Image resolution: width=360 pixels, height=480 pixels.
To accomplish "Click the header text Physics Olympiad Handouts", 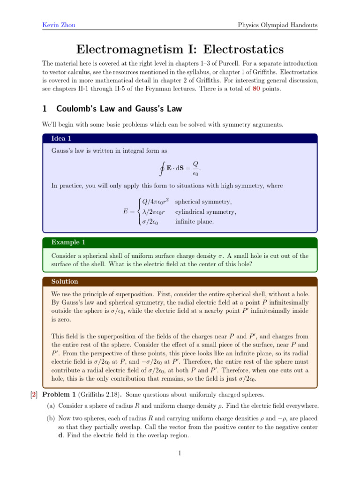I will [277, 24].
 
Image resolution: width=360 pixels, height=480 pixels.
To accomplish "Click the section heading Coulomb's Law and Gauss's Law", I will [119, 109].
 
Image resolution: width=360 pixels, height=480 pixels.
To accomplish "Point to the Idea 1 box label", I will [61, 138].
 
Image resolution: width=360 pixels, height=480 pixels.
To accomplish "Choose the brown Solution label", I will [65, 282].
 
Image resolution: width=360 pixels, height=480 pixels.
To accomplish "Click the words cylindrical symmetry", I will [205, 212].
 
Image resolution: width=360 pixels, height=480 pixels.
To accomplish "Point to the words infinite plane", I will [195, 222].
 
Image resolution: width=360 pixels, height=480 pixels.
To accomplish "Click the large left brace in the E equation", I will [138, 212].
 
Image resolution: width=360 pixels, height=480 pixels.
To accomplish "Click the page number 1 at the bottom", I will [180, 454].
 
